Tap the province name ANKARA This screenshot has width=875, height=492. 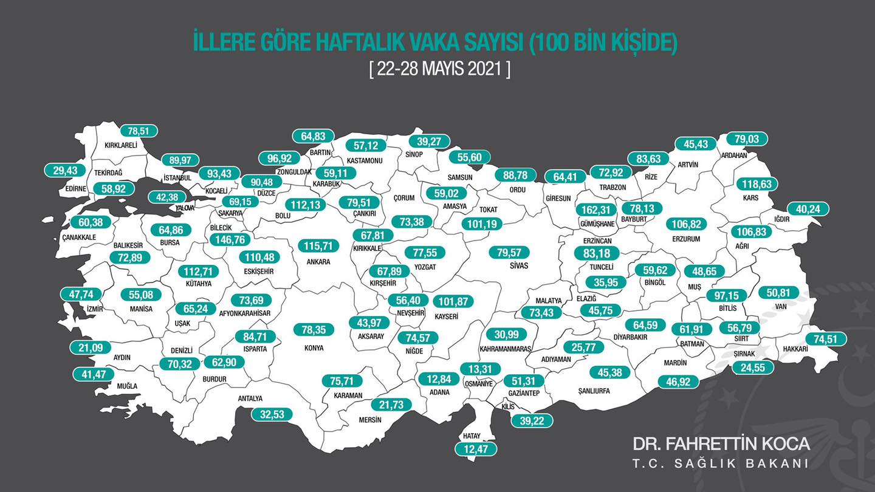(318, 262)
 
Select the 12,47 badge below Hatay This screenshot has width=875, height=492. (476, 449)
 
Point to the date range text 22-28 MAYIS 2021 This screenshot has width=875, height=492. (440, 69)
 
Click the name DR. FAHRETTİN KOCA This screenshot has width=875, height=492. (721, 443)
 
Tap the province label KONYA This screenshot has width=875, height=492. (314, 348)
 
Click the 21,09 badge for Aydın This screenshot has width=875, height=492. (82, 347)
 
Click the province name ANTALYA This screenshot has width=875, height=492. (250, 398)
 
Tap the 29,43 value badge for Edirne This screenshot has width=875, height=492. (66, 171)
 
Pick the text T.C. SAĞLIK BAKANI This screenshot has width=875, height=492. (721, 463)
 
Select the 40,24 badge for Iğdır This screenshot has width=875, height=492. (809, 209)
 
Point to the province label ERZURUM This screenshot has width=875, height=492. (687, 239)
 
